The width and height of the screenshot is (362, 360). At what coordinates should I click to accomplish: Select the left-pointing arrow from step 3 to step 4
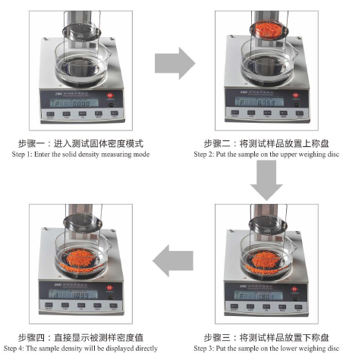[x=173, y=261]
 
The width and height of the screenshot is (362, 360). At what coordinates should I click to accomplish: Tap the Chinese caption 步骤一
[x=80, y=143]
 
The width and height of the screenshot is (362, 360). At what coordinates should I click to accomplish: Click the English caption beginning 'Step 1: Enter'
[x=80, y=155]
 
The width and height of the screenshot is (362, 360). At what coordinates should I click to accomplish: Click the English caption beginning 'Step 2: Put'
[x=269, y=155]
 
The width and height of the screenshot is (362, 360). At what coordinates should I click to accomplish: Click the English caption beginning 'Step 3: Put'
[x=269, y=349]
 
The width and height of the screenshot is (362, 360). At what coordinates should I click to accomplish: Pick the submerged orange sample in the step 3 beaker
[x=266, y=260]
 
